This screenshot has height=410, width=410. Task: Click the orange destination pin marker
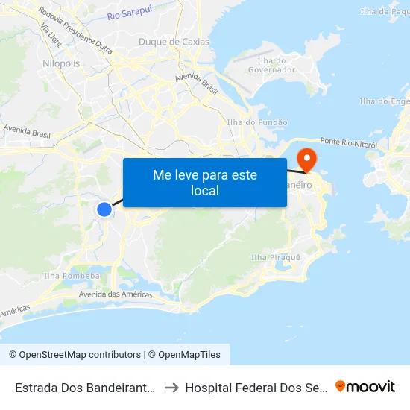tap(306, 159)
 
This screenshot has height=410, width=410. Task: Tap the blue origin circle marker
tap(104, 209)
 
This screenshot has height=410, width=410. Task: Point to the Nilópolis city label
tap(61, 63)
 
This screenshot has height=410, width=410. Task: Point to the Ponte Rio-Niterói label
tap(349, 142)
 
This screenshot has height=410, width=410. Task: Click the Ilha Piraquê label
tap(276, 257)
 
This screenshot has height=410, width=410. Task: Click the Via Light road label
tap(51, 36)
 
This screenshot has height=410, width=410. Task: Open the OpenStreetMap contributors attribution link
tap(78, 355)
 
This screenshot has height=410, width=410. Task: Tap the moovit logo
tap(365, 387)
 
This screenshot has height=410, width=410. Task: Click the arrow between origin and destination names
tap(171, 388)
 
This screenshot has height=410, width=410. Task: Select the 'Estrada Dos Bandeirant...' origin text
tap(85, 388)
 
